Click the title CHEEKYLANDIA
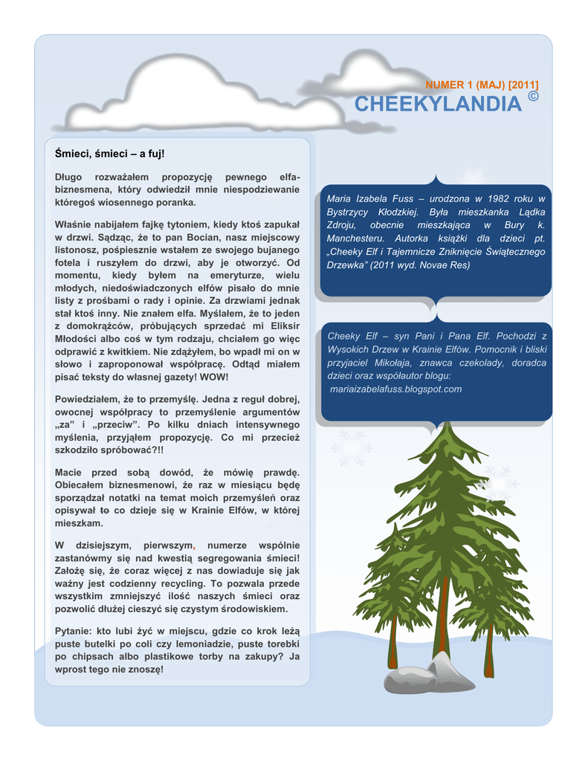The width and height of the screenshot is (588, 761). [x=437, y=104]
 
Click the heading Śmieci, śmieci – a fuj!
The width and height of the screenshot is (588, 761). [x=109, y=153]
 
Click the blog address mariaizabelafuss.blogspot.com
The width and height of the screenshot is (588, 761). [x=395, y=389]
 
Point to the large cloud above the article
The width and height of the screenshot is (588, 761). [x=201, y=93]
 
